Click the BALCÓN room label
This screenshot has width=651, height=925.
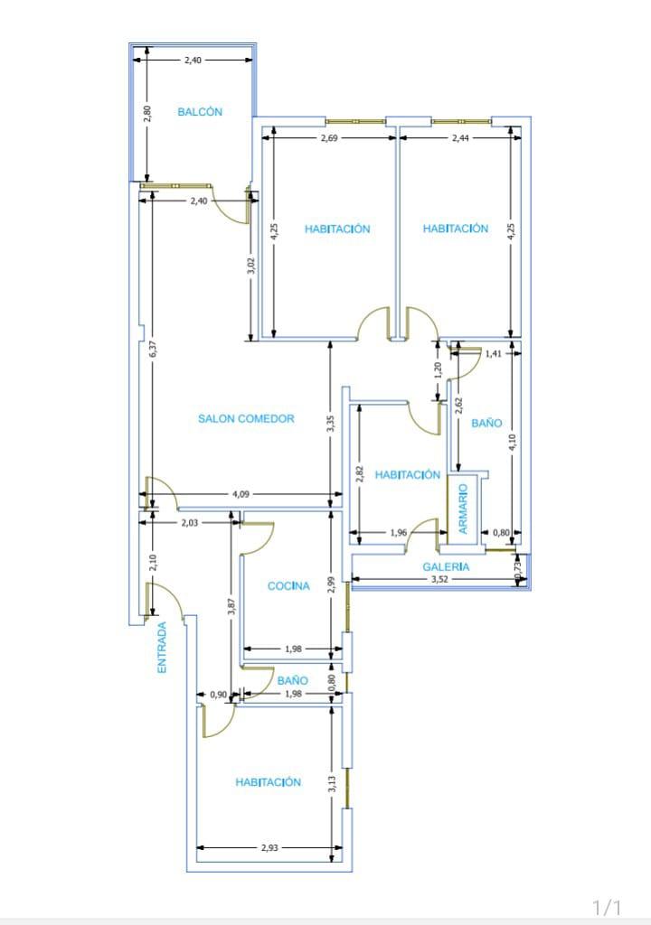tap(200, 112)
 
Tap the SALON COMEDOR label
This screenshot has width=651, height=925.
tap(246, 419)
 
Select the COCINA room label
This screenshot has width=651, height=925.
tap(288, 586)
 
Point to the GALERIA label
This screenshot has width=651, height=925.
tap(447, 567)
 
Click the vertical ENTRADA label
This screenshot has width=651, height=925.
tap(163, 647)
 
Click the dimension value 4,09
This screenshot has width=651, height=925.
tap(243, 494)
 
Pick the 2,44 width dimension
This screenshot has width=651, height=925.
tap(460, 137)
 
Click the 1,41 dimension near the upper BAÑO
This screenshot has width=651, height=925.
tap(493, 353)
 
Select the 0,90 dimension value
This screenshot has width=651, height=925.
tap(218, 694)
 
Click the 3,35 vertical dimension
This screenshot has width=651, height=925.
tap(331, 424)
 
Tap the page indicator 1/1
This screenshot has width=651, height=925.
tap(608, 906)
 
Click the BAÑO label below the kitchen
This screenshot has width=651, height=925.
tap(293, 680)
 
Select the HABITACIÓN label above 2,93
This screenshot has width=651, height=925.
tap(269, 782)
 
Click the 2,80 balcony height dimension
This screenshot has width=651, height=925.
tap(147, 113)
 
